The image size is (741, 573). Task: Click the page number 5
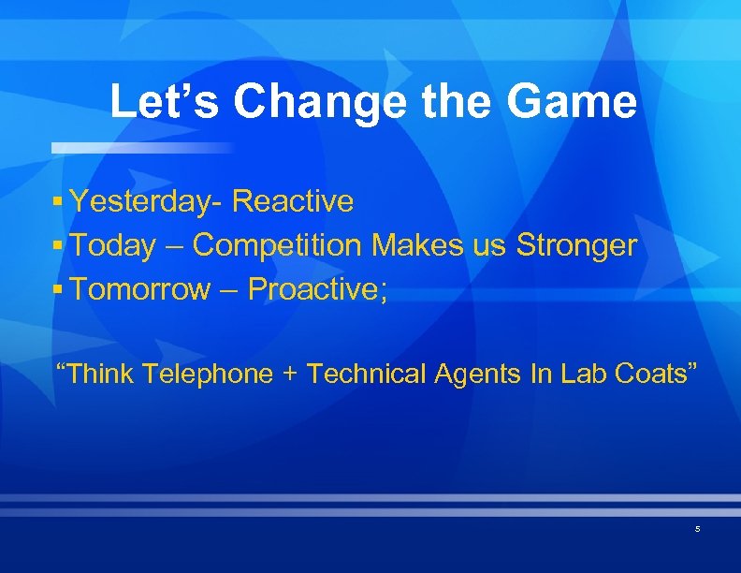point(697,530)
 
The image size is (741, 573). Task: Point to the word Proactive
point(318,289)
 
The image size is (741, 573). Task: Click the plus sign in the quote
point(290,375)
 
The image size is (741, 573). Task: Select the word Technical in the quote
point(367,375)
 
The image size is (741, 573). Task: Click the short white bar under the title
point(140,148)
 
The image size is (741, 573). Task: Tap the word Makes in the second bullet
point(414,245)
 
